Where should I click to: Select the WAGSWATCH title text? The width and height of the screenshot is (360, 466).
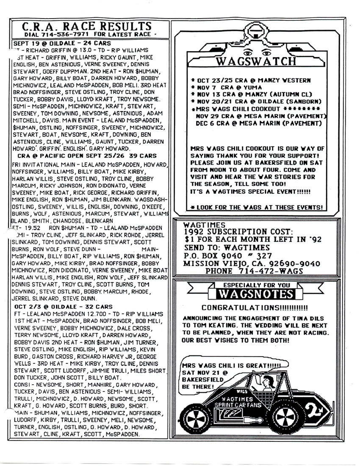coord(256,61)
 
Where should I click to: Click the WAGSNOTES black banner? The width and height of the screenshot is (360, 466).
coord(257,294)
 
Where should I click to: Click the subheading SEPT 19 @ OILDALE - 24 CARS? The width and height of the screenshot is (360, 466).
coord(62,43)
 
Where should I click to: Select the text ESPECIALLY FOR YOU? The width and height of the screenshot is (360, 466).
coord(257,285)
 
